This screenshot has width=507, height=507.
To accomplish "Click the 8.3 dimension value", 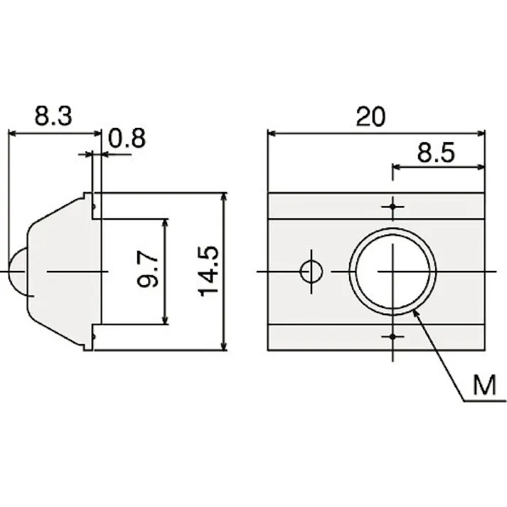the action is (53, 116).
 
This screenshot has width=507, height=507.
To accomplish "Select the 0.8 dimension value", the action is (127, 139).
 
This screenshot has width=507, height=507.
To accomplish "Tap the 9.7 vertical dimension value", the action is (148, 269).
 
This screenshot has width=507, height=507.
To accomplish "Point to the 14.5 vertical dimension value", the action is (208, 272).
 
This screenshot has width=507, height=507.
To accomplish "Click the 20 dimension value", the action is (370, 117).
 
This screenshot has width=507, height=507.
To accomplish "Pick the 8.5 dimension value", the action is (436, 152).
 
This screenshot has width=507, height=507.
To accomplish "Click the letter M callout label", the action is (484, 385).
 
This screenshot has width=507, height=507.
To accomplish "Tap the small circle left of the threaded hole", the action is (311, 272).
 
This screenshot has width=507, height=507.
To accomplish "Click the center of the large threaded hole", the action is (393, 272).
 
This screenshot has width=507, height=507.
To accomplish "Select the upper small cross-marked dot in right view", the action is (393, 207).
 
